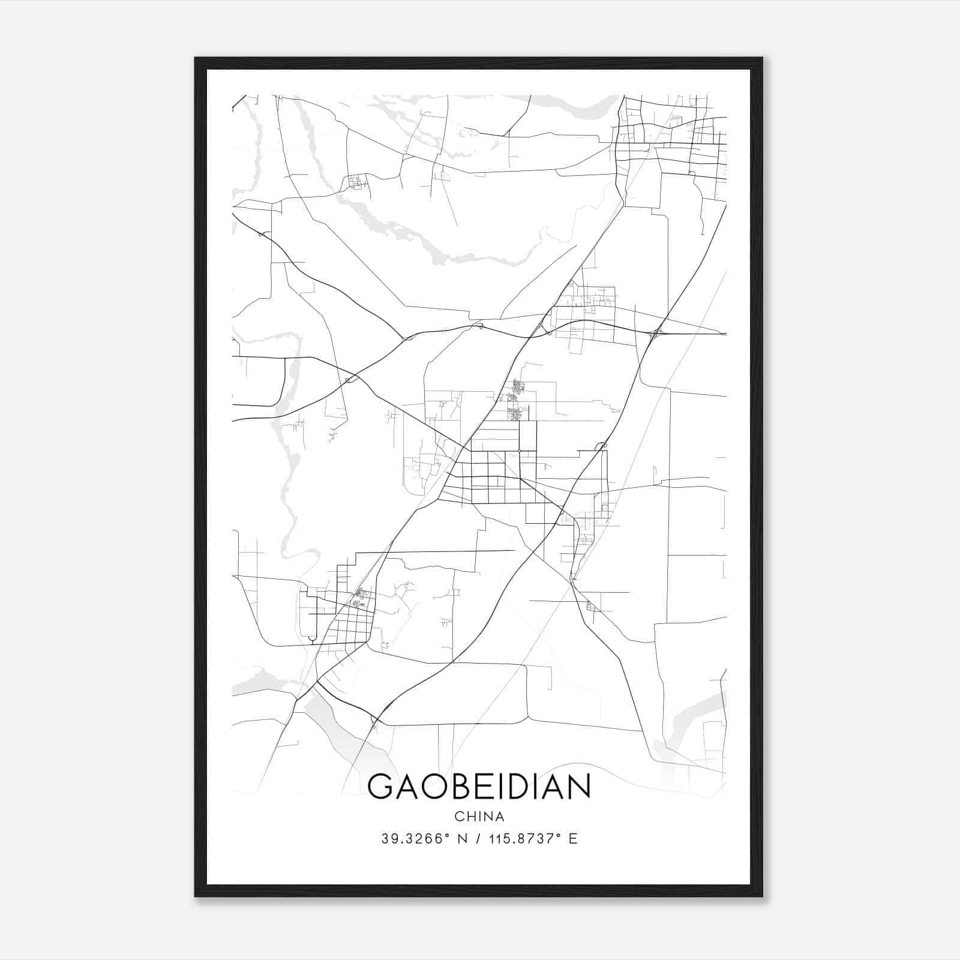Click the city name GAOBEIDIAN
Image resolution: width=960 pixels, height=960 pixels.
pos(479,787)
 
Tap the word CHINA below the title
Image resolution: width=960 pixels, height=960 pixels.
pos(479,817)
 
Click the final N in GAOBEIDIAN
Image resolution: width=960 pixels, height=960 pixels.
pos(580,787)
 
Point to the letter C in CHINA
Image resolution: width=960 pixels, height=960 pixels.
pos(459,817)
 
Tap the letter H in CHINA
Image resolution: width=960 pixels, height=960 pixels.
pos(470,817)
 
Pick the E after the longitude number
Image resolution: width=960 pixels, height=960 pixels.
pos(574,839)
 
